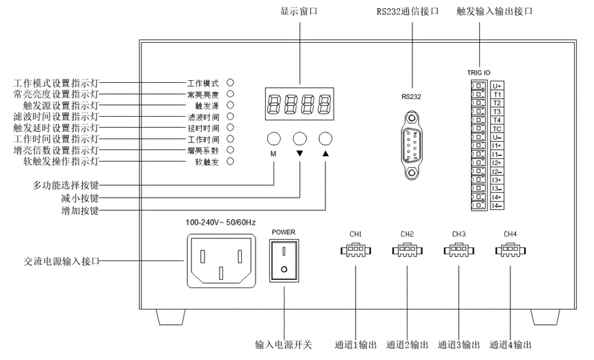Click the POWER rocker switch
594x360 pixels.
(283, 262)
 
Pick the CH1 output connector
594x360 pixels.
(355, 253)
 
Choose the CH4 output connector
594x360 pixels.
(510, 253)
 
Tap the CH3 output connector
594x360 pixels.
(459, 253)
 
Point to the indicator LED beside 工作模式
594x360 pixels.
(231, 82)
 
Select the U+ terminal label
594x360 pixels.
(497, 86)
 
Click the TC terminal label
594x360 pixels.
(497, 129)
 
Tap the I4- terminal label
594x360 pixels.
(497, 205)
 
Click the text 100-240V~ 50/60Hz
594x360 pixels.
(220, 222)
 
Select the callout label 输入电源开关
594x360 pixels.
(283, 345)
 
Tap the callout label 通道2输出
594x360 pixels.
(408, 345)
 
